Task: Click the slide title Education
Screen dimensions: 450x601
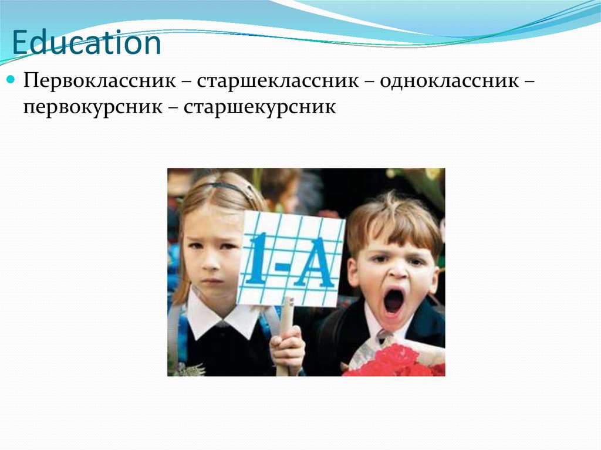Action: pos(86,44)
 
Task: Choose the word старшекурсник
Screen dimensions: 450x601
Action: pos(260,107)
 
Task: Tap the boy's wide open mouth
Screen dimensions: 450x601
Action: pos(393,302)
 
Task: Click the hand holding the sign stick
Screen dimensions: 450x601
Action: pos(288,349)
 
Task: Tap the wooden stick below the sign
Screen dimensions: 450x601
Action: pos(287,314)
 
